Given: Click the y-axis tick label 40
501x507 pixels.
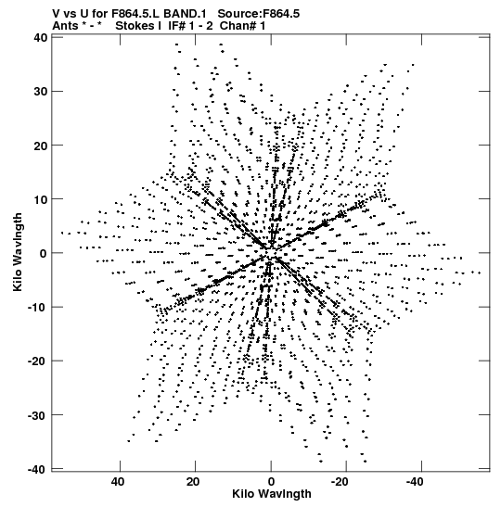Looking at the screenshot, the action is (x=41, y=37).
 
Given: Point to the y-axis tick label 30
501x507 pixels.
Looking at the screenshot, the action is (x=41, y=92).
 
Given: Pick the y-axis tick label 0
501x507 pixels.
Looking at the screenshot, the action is (x=44, y=253).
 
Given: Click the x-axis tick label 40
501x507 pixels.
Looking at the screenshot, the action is (x=117, y=482).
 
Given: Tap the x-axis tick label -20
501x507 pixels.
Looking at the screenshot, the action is (x=340, y=482).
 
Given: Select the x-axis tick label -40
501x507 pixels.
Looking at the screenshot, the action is (x=415, y=482).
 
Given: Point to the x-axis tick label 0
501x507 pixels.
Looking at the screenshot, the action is (x=271, y=482).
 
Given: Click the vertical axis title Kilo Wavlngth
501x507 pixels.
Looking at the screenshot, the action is (x=18, y=252).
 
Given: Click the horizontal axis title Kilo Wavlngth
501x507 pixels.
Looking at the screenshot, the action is (x=272, y=494).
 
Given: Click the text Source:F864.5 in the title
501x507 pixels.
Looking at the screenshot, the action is (x=259, y=14).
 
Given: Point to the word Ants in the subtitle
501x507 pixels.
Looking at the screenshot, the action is (x=65, y=26).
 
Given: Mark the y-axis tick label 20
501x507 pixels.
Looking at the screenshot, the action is (x=41, y=146).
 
